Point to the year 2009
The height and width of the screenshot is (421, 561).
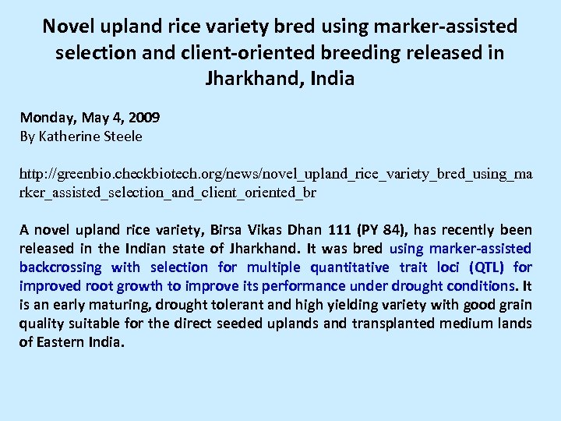tap(145, 118)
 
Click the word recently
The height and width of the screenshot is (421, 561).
tap(469, 230)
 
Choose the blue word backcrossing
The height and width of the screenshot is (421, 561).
tap(61, 267)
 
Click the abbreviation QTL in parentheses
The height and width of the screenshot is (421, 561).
tap(486, 267)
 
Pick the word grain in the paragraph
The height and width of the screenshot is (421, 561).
tap(513, 305)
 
